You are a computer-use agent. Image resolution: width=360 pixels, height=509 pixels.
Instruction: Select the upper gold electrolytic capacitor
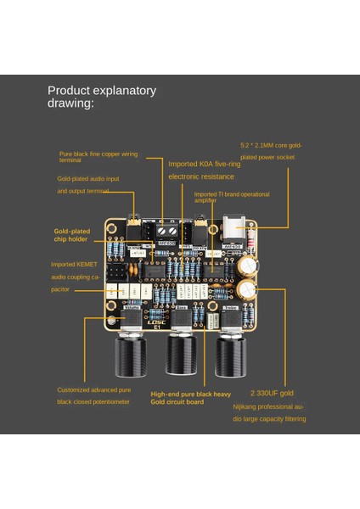pyautogui.click(x=247, y=266)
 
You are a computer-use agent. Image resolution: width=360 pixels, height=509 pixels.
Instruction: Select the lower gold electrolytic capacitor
pyautogui.click(x=247, y=291)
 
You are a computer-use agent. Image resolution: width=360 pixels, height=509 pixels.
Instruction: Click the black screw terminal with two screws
pyautogui.click(x=166, y=230)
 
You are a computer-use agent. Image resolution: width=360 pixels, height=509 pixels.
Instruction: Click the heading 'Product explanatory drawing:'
pyautogui.click(x=101, y=97)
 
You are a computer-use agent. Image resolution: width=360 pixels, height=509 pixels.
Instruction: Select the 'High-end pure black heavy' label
pyautogui.click(x=191, y=394)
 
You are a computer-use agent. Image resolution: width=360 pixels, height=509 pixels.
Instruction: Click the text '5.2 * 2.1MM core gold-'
pyautogui.click(x=279, y=146)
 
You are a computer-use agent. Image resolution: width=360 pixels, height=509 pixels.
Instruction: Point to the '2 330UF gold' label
pyautogui.click(x=273, y=394)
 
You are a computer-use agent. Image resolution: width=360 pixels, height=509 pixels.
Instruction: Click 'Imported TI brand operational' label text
pyautogui.click(x=231, y=193)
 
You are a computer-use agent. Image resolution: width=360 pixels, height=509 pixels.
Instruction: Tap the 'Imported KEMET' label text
pyautogui.click(x=75, y=263)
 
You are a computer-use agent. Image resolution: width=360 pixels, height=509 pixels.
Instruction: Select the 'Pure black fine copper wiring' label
pyautogui.click(x=98, y=154)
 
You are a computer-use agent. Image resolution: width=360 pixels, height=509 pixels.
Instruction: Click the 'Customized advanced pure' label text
pyautogui.click(x=93, y=390)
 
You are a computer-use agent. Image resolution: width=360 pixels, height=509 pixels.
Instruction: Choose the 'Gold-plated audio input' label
pyautogui.click(x=88, y=179)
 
